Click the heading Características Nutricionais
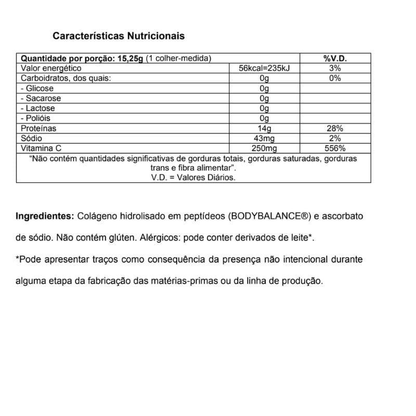point(119,36)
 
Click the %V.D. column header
point(335,59)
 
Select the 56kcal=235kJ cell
point(265,69)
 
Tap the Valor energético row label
point(50,69)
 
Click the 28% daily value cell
point(335,128)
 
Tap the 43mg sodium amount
point(265,138)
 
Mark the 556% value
point(335,148)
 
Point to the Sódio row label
point(32,138)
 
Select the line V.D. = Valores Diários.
point(193,177)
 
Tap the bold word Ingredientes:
point(45,216)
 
